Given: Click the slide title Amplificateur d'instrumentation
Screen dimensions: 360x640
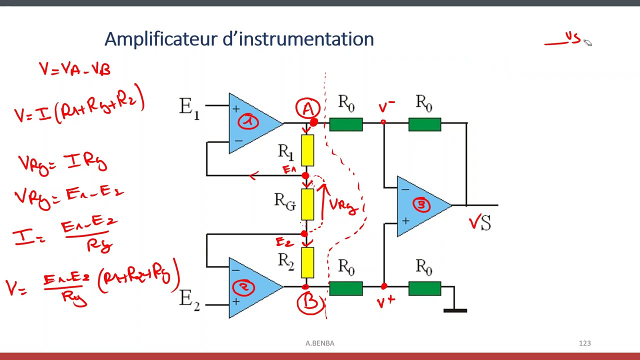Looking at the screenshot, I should (239, 39).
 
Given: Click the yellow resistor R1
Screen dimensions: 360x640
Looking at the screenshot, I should (307, 150).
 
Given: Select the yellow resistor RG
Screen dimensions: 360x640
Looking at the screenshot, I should (307, 204).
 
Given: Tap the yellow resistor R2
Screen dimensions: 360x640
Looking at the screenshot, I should (307, 262).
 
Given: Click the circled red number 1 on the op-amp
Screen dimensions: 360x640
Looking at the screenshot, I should (248, 121).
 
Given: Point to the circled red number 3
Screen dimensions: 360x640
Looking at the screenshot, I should (421, 204).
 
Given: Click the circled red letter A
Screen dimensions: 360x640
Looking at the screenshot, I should (307, 108).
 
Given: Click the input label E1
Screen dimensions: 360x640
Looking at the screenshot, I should (189, 107).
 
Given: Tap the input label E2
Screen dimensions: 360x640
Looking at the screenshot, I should (189, 299).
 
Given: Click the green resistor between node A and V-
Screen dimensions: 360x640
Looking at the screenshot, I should (346, 124).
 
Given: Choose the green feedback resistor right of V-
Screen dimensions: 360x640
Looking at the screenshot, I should (424, 124).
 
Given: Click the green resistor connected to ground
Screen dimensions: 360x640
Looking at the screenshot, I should (424, 288).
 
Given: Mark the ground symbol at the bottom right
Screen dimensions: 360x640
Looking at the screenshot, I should (455, 310).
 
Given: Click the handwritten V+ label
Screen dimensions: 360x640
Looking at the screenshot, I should (386, 301).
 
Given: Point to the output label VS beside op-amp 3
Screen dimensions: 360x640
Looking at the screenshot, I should (480, 223).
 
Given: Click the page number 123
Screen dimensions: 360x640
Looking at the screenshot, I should (584, 343).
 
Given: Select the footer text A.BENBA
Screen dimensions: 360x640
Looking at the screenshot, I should (320, 343).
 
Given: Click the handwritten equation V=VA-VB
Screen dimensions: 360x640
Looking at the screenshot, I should (75, 69).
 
